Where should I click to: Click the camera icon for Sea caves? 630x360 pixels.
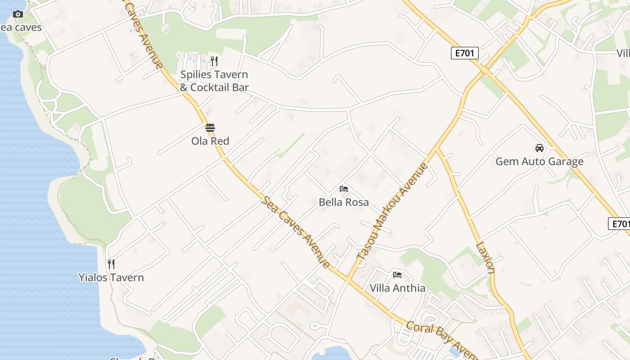coord(18,14)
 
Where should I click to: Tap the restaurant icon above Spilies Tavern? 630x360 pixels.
coord(214,61)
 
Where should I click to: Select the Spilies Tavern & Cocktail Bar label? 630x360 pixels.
coord(214,81)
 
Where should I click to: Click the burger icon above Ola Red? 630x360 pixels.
coord(210,128)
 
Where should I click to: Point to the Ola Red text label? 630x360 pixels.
coord(210,141)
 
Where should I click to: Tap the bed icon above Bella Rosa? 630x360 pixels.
coord(344,189)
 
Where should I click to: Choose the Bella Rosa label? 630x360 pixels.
coord(344,202)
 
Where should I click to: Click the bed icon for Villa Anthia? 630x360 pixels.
coord(397,274)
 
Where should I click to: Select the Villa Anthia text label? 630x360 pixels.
coord(397,288)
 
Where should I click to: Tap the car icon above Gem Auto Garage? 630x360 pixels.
coord(539,148)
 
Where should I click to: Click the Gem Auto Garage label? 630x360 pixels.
coord(539,162)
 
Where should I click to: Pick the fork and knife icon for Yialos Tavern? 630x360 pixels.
coord(111,264)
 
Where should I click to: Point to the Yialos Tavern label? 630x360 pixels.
coord(111,278)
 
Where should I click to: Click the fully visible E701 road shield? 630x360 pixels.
coord(464,54)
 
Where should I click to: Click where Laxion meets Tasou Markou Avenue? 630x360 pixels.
coord(436,148)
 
